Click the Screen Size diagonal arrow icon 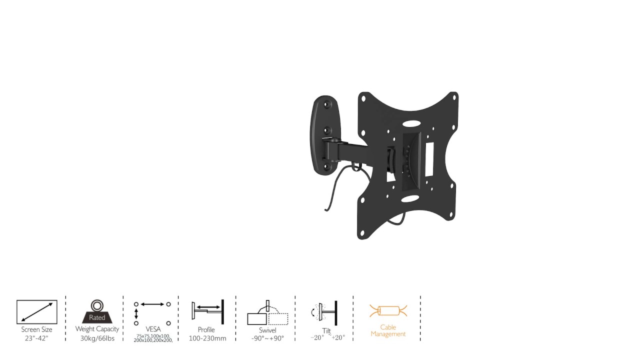37,312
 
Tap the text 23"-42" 36,338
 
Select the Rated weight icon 97,311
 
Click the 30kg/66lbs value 97,338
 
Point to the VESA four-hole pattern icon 152,313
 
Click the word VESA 153,329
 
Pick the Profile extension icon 208,311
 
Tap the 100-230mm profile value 207,338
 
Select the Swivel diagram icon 267,312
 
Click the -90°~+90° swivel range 267,338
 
